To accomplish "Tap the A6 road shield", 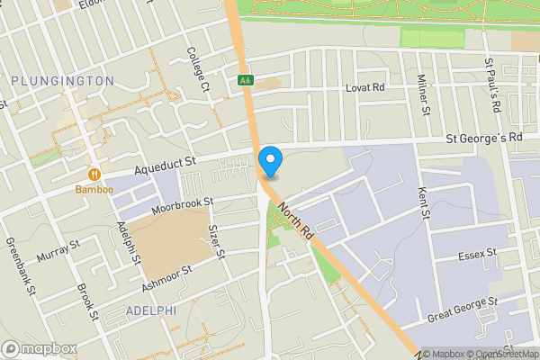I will (245, 81).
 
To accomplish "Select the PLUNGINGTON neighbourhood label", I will (63, 81).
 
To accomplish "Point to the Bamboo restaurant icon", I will (94, 174).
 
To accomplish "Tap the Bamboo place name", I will (94, 190).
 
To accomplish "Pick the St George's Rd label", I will (486, 139).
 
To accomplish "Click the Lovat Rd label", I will (365, 88).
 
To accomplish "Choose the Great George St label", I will (463, 307).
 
